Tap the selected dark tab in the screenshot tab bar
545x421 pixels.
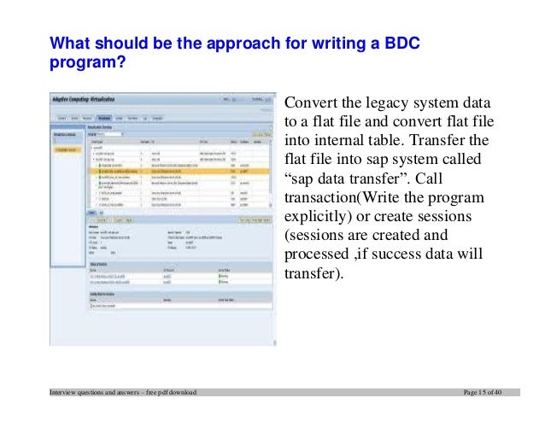[x=104, y=118]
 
